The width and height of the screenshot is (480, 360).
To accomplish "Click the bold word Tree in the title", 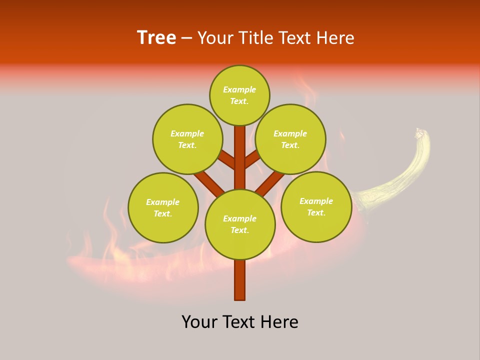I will click(156, 38).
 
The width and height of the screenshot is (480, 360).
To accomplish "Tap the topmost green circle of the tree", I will click(239, 95).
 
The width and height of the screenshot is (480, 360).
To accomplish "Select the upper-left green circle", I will click(187, 139).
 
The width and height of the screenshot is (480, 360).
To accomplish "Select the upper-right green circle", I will click(290, 139).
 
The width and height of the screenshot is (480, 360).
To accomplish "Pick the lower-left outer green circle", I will click(163, 207).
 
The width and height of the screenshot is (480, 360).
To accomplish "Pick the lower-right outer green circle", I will click(316, 206).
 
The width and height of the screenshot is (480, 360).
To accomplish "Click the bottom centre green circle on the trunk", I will click(240, 224).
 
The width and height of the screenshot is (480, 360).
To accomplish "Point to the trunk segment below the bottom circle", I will click(240, 280).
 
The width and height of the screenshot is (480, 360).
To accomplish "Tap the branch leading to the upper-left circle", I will click(226, 160).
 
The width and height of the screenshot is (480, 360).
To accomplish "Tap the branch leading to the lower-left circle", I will click(209, 183).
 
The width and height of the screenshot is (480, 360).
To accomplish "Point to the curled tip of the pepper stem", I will click(419, 133).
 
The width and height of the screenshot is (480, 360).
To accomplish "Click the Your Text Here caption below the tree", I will click(240, 322).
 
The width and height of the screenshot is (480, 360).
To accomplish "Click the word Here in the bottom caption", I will click(281, 322).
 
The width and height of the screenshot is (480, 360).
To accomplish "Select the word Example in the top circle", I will click(239, 89).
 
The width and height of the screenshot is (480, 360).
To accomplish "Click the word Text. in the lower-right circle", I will click(316, 212).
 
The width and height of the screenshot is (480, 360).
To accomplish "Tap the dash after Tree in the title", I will click(186, 38).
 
